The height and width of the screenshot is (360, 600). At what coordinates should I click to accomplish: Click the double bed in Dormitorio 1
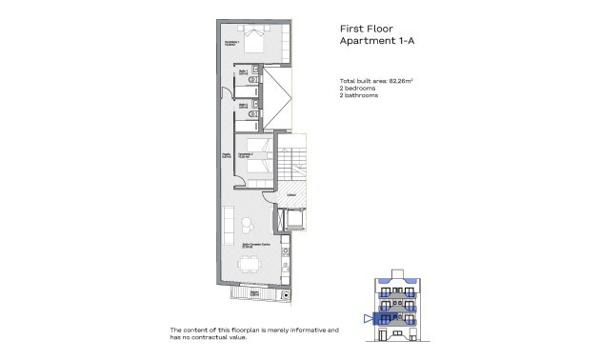[253, 42]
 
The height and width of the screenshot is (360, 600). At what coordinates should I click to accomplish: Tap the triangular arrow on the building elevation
[369, 319]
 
